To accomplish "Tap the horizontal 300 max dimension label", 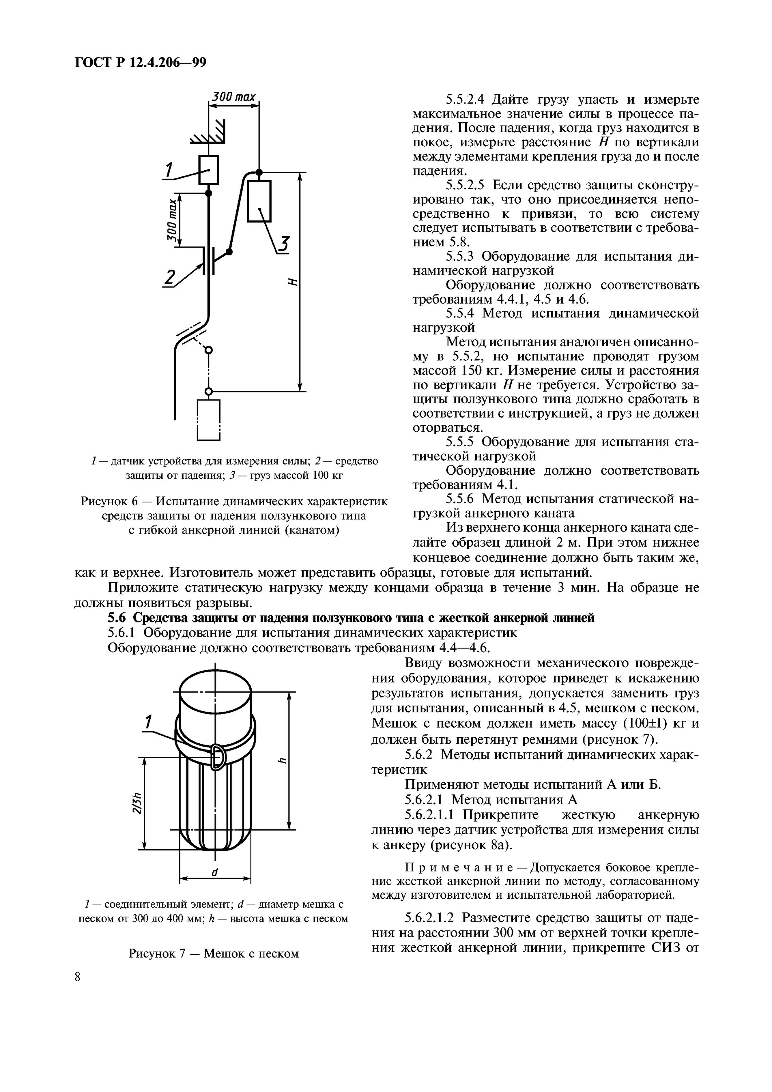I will point(233,97).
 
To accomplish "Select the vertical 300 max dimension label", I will point(172,220).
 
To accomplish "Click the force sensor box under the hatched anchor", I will point(208,170).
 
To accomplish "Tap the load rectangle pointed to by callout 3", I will point(259,201).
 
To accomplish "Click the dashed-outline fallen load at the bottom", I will point(208,419).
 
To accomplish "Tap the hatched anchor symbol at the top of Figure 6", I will point(212,133).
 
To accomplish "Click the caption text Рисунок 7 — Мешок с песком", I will point(213,953).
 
